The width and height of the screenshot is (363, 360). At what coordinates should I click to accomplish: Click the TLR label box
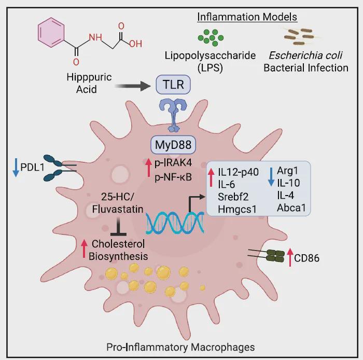pos(173,85)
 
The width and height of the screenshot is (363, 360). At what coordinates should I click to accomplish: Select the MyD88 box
pos(173,145)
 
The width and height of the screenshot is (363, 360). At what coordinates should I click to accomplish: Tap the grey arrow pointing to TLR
pos(133,86)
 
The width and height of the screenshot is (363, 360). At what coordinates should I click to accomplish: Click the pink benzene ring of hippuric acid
pos(51,33)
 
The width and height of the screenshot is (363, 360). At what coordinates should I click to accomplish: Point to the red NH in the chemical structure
pos(95,37)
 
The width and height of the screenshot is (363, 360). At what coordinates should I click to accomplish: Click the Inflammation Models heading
pos(247,17)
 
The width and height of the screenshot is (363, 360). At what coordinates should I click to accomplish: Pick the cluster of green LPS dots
pos(211,37)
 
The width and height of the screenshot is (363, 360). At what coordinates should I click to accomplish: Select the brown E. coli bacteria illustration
pos(300,37)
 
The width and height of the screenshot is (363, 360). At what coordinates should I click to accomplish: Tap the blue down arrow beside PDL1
pos(16,168)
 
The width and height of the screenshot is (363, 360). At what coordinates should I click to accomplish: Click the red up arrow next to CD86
pos(290,257)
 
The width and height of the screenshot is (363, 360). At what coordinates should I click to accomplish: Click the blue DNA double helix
pos(175,223)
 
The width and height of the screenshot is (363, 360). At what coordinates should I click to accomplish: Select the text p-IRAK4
pos(173,163)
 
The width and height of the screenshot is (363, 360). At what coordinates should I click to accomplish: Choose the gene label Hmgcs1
pos(237,209)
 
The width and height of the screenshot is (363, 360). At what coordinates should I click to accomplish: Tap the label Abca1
pos(291,207)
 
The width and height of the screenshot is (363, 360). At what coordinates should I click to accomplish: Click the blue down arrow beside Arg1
pos(271,177)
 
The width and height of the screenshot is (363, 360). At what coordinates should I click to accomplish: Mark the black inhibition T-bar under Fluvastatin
pos(119,226)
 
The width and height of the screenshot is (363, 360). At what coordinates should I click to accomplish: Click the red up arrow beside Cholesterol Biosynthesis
pos(84,249)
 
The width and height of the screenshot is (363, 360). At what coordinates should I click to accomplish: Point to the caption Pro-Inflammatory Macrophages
pos(180,347)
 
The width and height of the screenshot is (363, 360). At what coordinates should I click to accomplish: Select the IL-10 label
pos(288,183)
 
